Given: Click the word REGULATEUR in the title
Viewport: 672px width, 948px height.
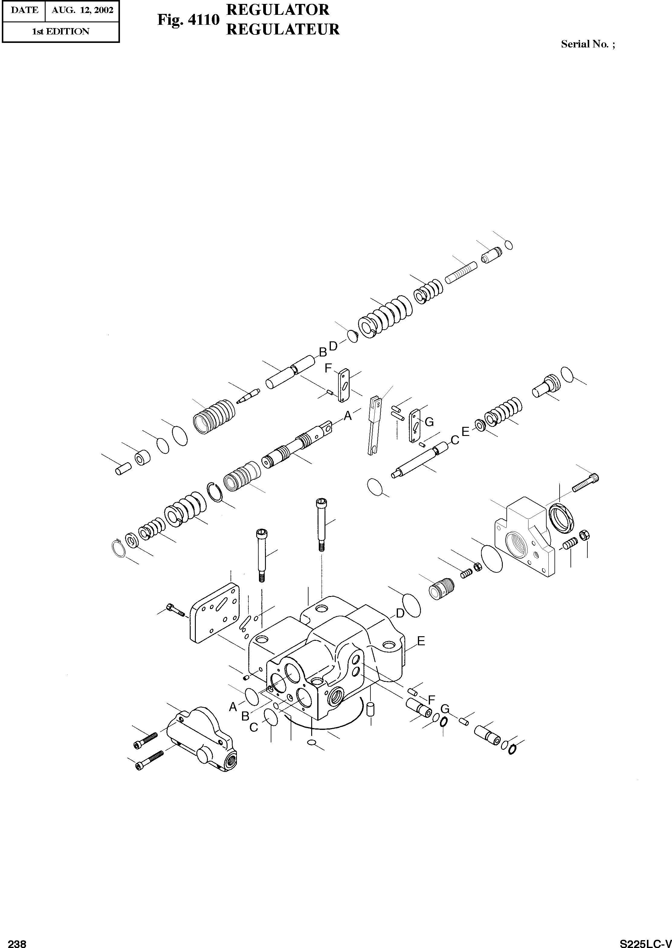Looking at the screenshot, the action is (283, 29).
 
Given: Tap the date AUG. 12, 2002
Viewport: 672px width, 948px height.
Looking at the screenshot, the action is (82, 10).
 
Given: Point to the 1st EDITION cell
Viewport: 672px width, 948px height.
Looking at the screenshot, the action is (60, 31).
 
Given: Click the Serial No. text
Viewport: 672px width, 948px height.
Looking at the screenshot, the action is (588, 44).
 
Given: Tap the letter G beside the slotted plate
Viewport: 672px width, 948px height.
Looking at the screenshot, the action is (429, 422).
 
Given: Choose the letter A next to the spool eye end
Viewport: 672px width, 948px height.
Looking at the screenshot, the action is (347, 416).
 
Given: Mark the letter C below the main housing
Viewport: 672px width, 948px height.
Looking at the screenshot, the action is (254, 727).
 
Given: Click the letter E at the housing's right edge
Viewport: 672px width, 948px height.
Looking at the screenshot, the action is (421, 641).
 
